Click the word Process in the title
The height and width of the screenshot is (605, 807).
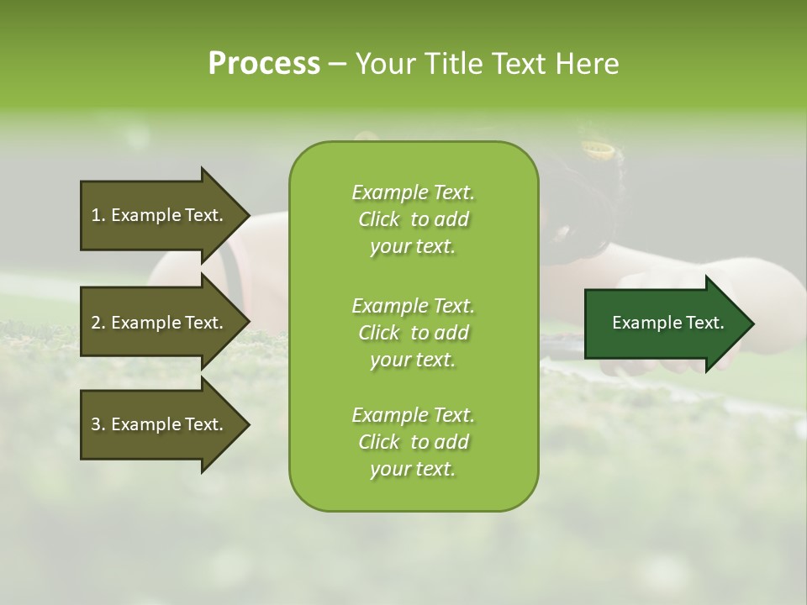tap(264, 64)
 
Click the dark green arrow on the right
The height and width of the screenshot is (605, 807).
tap(664, 323)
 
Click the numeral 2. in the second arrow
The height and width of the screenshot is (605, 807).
tap(98, 323)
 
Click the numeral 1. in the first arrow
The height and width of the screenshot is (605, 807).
tap(98, 215)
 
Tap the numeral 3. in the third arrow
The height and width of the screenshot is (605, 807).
tap(98, 424)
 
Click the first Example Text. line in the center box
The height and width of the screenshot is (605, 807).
tap(413, 192)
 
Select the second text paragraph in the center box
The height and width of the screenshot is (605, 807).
tap(413, 333)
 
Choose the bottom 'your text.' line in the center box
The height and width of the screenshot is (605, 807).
tap(413, 470)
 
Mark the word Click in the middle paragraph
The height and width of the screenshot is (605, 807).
tap(379, 333)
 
